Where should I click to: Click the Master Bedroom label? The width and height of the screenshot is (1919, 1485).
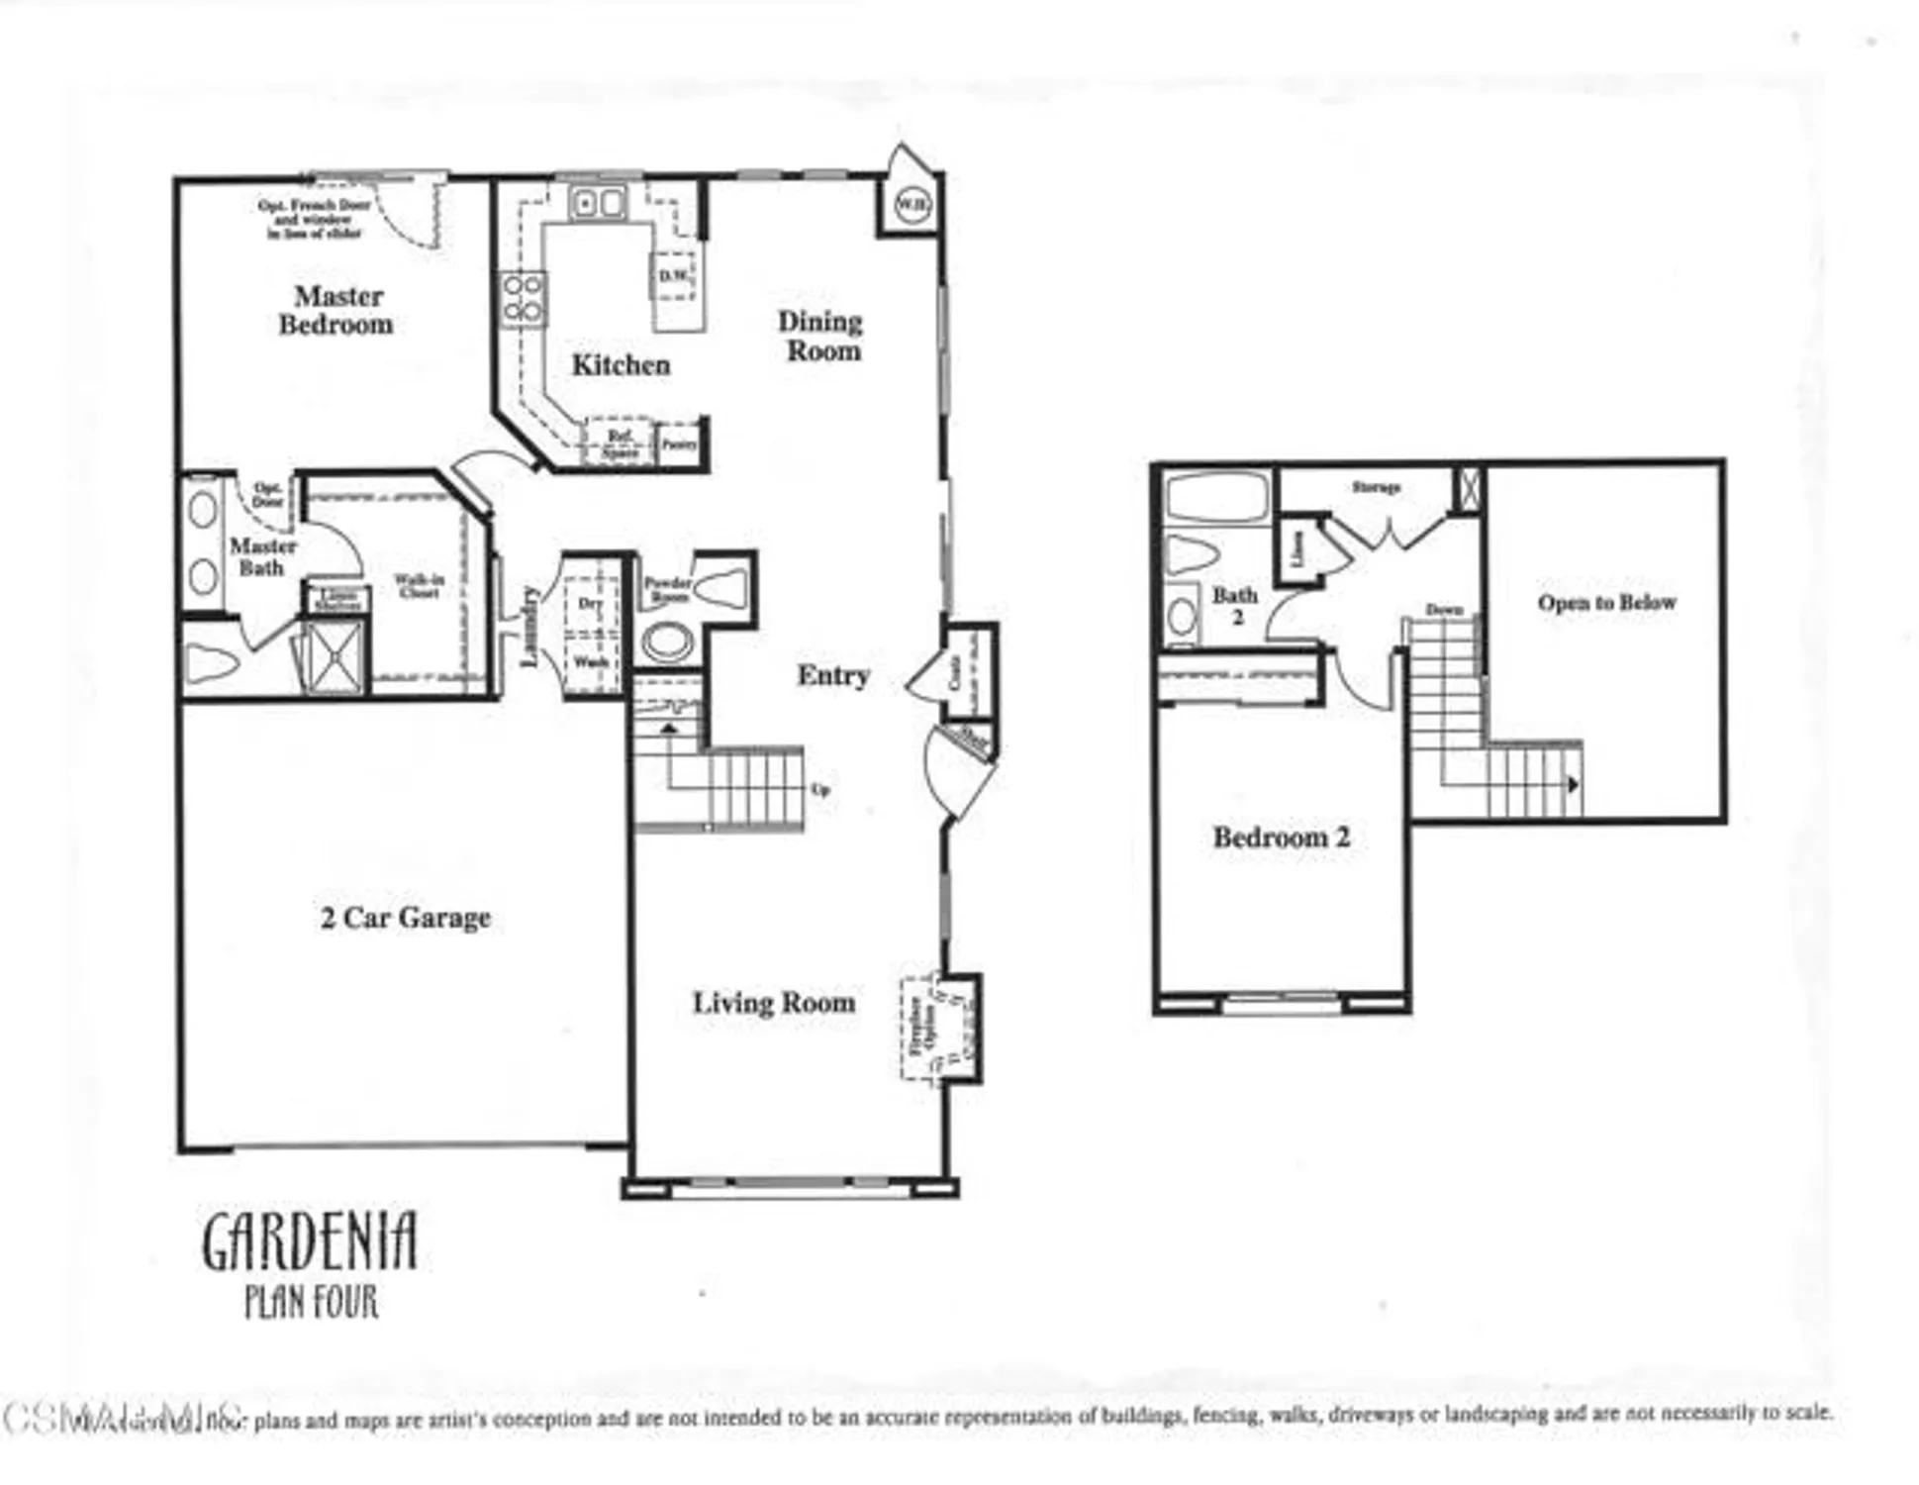click(336, 310)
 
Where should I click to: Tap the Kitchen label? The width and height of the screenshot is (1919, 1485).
click(621, 364)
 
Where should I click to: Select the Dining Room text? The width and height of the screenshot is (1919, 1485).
click(820, 336)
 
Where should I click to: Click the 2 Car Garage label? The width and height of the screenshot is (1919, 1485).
click(405, 918)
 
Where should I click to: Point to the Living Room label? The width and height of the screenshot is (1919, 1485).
click(773, 1003)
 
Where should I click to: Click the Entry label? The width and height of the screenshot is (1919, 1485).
click(833, 675)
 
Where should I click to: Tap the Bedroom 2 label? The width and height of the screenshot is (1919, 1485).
click(1281, 838)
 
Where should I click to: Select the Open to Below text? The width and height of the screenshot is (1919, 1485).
click(1606, 602)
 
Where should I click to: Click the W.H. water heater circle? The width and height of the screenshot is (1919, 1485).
click(912, 205)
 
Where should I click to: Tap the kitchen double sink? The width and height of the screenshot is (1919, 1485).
click(598, 203)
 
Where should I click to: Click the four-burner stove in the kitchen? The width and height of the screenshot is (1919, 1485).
click(522, 298)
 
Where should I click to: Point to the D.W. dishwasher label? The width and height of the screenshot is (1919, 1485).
click(675, 275)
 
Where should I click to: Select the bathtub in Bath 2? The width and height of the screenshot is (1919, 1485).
click(1216, 496)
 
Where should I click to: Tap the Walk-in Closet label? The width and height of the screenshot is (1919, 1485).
click(419, 586)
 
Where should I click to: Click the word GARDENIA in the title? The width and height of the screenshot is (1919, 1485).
click(310, 1242)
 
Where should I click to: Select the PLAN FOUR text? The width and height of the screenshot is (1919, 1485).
click(311, 1301)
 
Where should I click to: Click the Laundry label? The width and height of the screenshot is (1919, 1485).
click(529, 626)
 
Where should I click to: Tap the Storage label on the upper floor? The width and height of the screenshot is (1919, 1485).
click(1376, 487)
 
